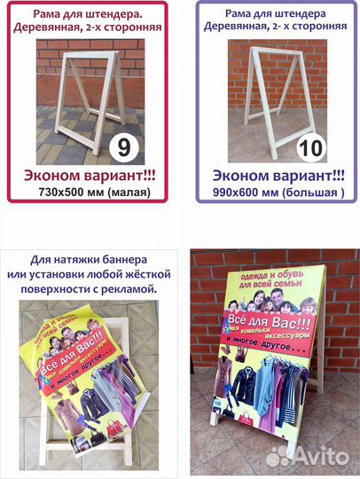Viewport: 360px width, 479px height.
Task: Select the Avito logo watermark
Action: click(310, 454)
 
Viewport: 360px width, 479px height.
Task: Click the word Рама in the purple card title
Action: click(227, 14)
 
